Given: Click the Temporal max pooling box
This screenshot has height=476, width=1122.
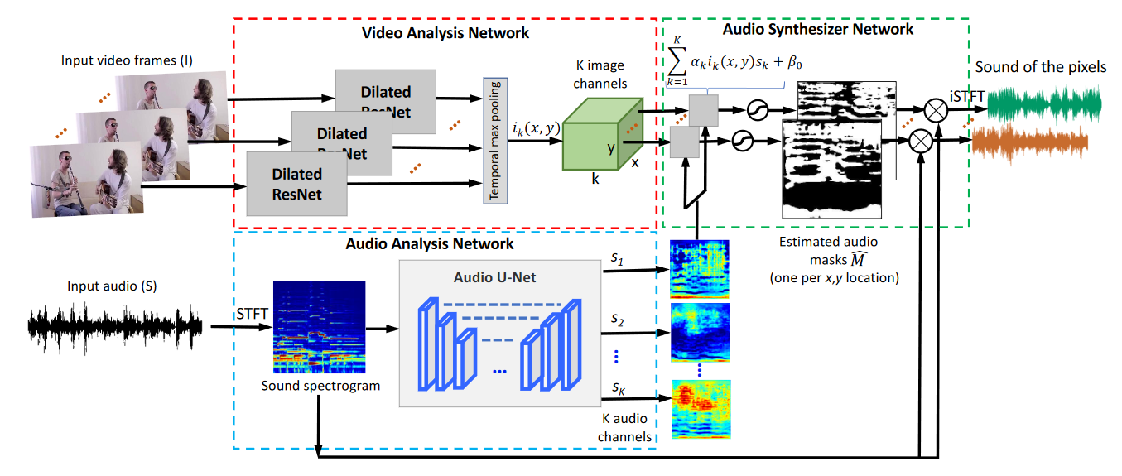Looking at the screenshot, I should click(494, 139).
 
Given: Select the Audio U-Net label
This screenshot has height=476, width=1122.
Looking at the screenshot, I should click(495, 277).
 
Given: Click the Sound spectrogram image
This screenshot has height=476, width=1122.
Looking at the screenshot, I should click(319, 328).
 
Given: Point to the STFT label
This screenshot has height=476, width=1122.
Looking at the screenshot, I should click(251, 315).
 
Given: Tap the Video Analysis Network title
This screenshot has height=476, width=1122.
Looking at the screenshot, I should click(446, 33).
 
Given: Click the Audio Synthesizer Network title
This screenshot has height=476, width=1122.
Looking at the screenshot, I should click(818, 29).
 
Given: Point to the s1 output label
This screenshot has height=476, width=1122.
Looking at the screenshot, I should click(619, 259).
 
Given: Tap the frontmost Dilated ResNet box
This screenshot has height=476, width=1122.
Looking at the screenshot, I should click(297, 185).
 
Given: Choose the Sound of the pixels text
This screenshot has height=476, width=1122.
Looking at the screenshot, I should click(1041, 66).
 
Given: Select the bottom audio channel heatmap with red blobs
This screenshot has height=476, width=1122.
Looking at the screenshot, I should click(701, 402).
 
